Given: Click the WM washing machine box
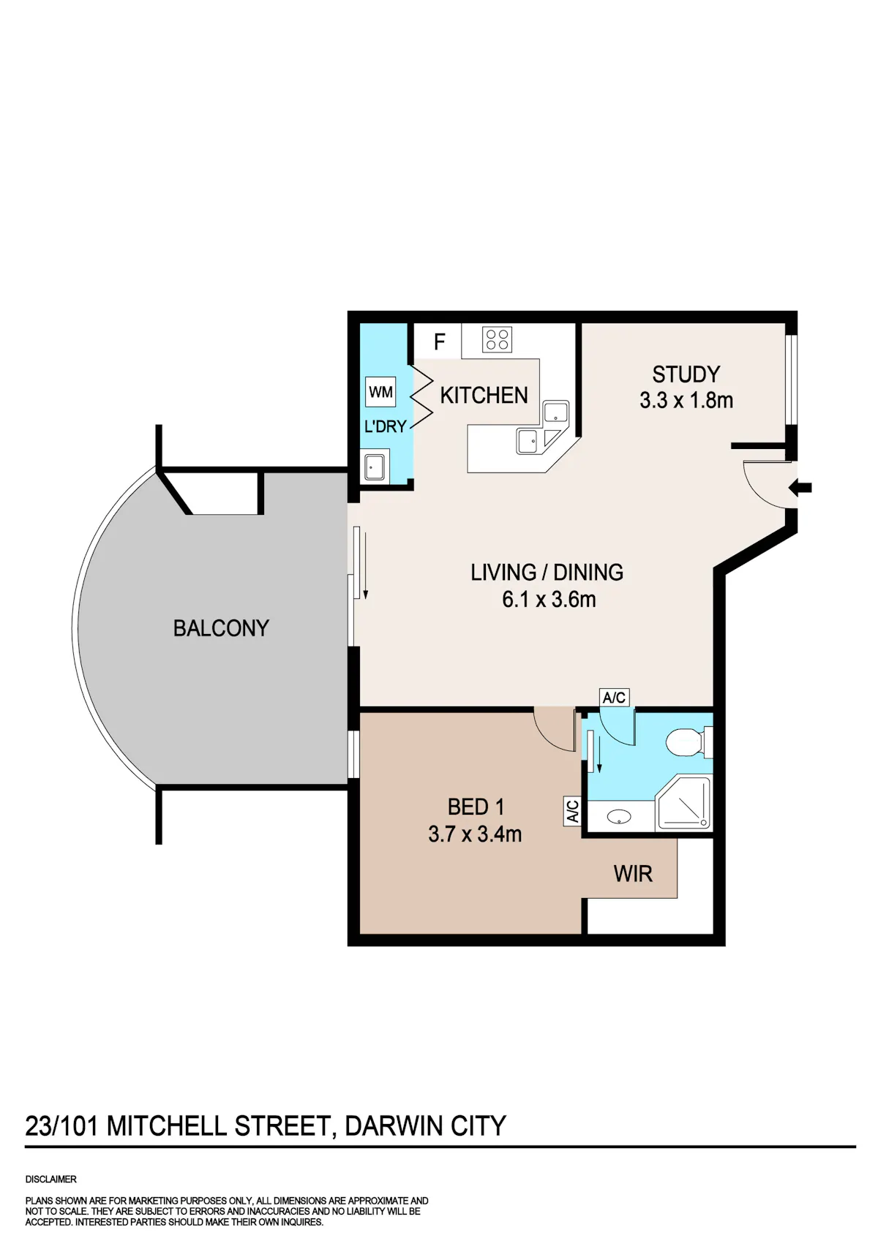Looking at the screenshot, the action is [x=380, y=392].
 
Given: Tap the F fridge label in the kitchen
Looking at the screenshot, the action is [x=440, y=342].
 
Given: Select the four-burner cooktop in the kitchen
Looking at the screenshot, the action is [x=498, y=339].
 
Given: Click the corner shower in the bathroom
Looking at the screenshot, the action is [x=683, y=804].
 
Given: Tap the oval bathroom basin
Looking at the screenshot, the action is [x=618, y=817].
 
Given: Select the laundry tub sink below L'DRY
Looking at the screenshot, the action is [x=376, y=466].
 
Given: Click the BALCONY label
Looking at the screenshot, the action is [x=221, y=628].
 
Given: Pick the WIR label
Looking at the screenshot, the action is [x=633, y=874].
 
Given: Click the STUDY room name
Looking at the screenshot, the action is [x=686, y=374].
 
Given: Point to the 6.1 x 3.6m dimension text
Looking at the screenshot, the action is [x=549, y=600].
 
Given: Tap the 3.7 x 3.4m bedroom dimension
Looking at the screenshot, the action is [x=475, y=834].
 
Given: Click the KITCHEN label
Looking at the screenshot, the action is [x=484, y=395].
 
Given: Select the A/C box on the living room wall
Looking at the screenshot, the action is [x=614, y=698].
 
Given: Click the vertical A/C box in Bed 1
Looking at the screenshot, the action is [x=572, y=811].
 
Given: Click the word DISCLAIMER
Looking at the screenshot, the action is [x=51, y=1180].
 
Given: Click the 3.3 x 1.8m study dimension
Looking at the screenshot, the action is [x=686, y=400].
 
